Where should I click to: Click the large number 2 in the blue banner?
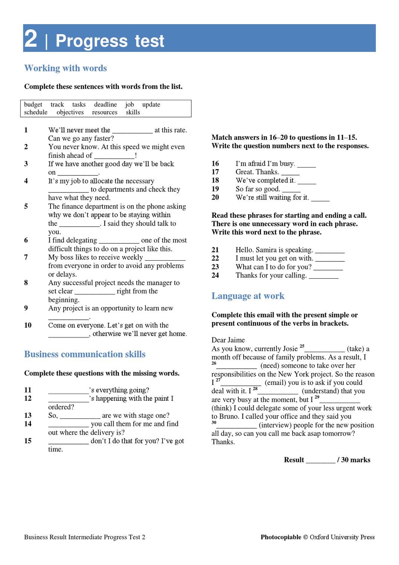point(31,39)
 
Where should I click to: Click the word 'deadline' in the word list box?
point(105,104)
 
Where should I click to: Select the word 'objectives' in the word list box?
point(70,112)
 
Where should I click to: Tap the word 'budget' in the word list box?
point(33,104)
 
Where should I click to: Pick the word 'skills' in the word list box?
point(133,112)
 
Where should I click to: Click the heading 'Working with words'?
point(65,68)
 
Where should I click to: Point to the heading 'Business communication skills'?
point(85,354)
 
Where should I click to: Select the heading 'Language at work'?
point(248,296)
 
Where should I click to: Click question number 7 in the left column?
point(26,257)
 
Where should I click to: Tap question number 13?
point(28,415)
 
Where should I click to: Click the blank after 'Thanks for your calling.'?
point(324,276)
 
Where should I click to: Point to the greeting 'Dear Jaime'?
point(228,340)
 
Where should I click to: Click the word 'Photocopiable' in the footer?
point(281,537)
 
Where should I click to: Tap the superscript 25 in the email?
point(302,346)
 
